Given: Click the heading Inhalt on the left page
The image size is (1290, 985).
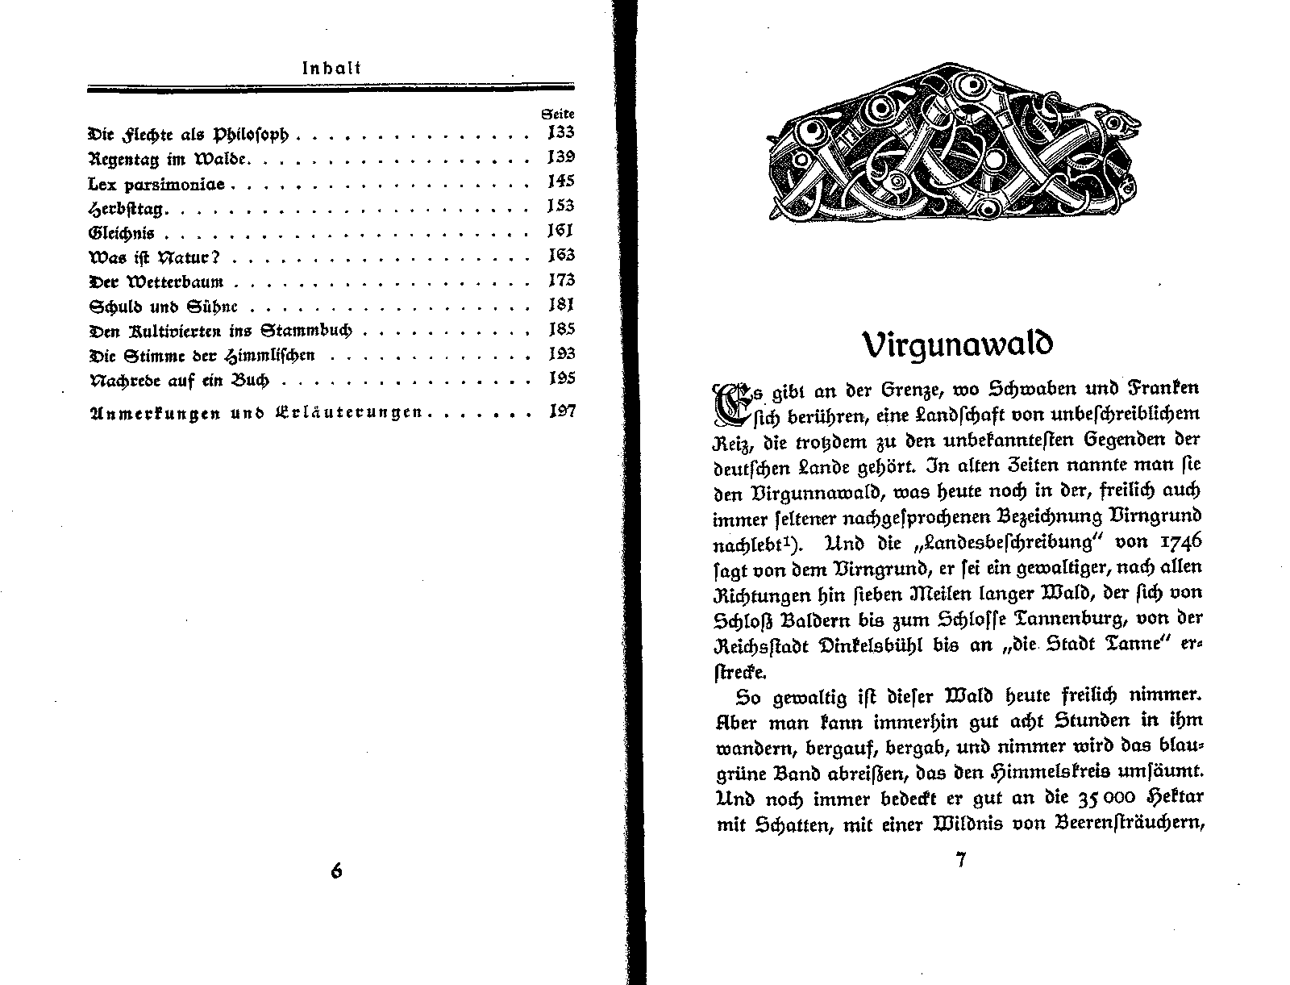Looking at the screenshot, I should (x=331, y=69).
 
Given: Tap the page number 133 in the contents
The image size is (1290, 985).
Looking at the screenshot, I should (x=560, y=133).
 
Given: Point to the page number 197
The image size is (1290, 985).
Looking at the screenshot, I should (x=560, y=411).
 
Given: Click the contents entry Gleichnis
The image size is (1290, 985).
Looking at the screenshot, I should (x=121, y=233).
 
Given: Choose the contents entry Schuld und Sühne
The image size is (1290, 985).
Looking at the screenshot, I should (x=167, y=307).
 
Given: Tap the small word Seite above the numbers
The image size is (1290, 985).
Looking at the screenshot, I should (x=558, y=115).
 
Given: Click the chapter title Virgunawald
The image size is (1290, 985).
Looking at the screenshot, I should (x=958, y=344).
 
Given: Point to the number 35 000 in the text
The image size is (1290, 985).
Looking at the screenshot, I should (x=1106, y=798).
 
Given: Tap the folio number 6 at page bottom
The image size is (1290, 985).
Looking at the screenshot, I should (x=337, y=871).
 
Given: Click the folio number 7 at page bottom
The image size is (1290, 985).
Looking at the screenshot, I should (x=960, y=860).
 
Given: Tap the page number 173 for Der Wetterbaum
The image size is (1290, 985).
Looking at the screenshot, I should (x=560, y=281).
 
